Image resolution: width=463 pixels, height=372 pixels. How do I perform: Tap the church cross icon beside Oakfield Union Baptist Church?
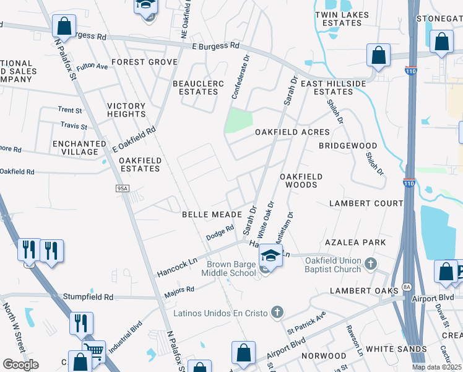pos(370,264)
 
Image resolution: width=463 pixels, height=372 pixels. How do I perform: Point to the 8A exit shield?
pos(407,286)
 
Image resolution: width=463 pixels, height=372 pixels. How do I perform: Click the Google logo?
pos(20,364)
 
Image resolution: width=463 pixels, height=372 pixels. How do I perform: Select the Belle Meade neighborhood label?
pos(211,215)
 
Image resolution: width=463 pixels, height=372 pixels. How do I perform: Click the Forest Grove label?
pos(145,62)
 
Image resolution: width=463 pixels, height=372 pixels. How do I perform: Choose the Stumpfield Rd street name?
pos(88,297)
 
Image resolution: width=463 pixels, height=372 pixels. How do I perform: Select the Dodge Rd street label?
pos(220,232)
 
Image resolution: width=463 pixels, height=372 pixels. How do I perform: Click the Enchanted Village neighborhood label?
pos(76,148)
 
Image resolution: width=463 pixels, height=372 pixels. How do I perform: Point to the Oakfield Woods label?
pos(301,180)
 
